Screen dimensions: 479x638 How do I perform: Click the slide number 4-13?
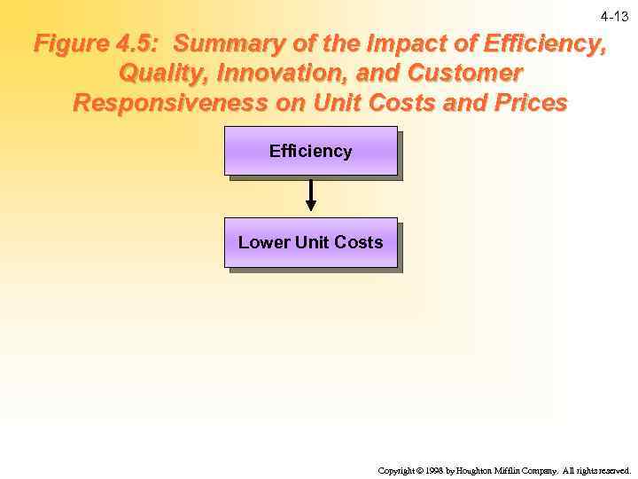tap(614, 17)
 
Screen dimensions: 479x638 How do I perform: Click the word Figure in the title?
tap(72, 43)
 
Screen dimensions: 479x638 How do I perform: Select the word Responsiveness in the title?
tap(172, 103)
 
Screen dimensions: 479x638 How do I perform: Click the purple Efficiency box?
tap(310, 151)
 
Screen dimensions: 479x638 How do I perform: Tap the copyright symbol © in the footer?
tap(417, 470)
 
